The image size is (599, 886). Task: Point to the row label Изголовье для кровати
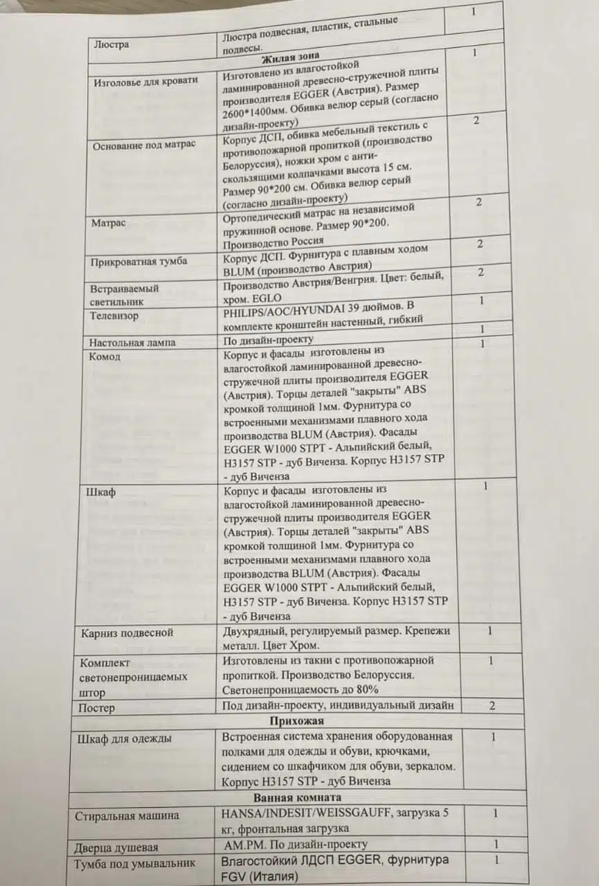click(x=145, y=80)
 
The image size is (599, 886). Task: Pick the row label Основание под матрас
click(x=143, y=144)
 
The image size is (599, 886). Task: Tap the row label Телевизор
click(x=114, y=316)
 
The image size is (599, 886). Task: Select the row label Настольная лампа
click(x=132, y=343)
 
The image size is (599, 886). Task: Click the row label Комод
click(x=105, y=356)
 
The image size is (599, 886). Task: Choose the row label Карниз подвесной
click(x=127, y=633)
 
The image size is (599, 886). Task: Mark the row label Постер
click(x=97, y=708)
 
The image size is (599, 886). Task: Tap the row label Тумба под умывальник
click(x=135, y=863)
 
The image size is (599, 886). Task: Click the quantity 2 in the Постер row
click(x=492, y=705)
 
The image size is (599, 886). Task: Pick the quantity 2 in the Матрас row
click(x=479, y=202)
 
